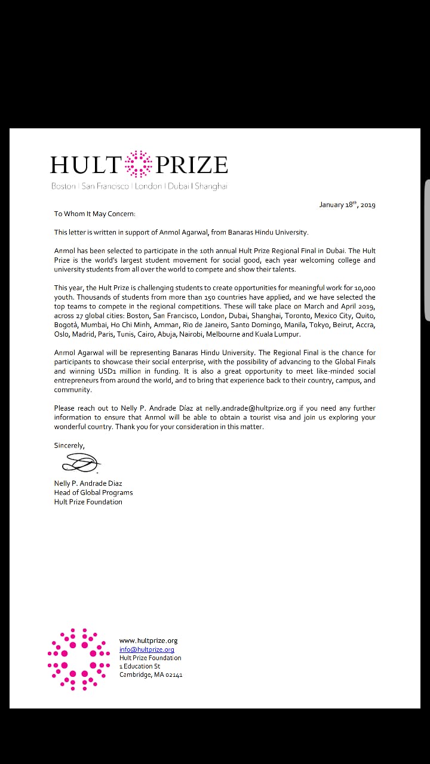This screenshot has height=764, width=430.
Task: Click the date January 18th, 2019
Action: pyautogui.click(x=347, y=205)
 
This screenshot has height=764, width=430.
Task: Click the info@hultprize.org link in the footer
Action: pyautogui.click(x=147, y=649)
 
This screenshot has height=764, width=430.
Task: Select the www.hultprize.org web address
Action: pyautogui.click(x=149, y=640)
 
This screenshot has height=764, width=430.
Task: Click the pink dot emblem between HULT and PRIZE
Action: pyautogui.click(x=139, y=164)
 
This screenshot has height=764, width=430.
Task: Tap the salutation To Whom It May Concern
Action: pyautogui.click(x=95, y=214)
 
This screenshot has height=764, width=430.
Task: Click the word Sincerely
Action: pyautogui.click(x=69, y=445)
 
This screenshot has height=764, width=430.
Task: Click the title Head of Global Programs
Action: pyautogui.click(x=93, y=492)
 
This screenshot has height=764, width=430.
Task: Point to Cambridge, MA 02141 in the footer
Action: pyautogui.click(x=151, y=674)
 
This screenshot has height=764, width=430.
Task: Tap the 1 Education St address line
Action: pyautogui.click(x=140, y=666)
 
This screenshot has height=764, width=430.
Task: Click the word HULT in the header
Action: pyautogui.click(x=86, y=165)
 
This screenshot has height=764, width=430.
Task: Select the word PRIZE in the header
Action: pyautogui.click(x=192, y=165)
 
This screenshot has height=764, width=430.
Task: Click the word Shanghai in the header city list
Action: pyautogui.click(x=211, y=186)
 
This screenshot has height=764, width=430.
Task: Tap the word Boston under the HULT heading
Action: pyautogui.click(x=63, y=186)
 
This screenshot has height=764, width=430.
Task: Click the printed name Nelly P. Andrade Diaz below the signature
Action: pyautogui.click(x=88, y=483)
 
